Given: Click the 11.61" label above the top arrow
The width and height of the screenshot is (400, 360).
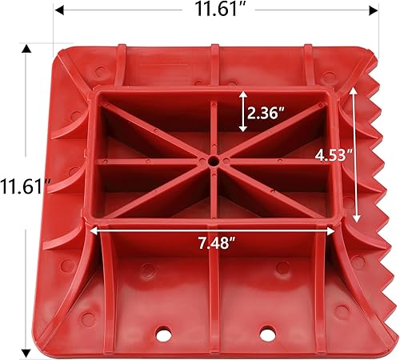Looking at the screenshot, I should [218, 11].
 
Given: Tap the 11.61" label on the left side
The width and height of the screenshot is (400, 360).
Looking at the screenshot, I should [25, 188].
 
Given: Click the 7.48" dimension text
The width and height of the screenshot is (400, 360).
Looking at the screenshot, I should [214, 243].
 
